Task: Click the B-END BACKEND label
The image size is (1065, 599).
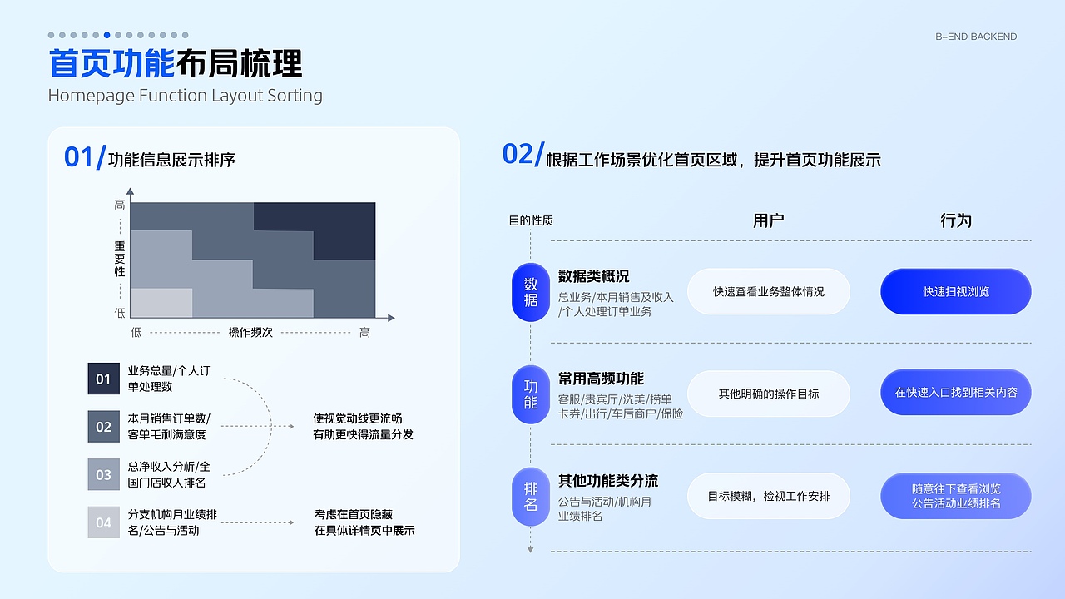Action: click(976, 37)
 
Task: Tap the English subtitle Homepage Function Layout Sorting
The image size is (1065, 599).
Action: click(185, 96)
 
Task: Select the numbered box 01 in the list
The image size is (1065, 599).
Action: click(104, 379)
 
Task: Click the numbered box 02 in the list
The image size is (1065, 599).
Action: click(104, 427)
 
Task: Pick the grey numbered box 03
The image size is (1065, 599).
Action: click(104, 474)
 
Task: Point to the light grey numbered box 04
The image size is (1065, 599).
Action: click(104, 522)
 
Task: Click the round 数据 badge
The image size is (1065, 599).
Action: click(531, 292)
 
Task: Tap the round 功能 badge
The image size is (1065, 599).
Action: click(531, 395)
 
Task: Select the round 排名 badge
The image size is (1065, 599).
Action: click(531, 497)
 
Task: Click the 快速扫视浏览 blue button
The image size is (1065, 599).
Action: click(956, 292)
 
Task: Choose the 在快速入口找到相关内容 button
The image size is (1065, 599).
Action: click(956, 392)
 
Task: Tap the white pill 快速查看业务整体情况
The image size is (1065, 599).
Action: click(769, 292)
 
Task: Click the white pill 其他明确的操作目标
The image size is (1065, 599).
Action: click(769, 394)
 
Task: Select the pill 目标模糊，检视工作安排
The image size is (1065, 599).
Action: click(769, 496)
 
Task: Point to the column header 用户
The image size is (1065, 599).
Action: click(769, 220)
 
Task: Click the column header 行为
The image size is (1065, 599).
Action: click(956, 220)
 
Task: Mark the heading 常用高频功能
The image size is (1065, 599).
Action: click(601, 379)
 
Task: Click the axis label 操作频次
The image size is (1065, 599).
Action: click(250, 332)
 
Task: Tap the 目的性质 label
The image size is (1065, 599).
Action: click(531, 220)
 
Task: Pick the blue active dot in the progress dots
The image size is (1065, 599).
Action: click(107, 35)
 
